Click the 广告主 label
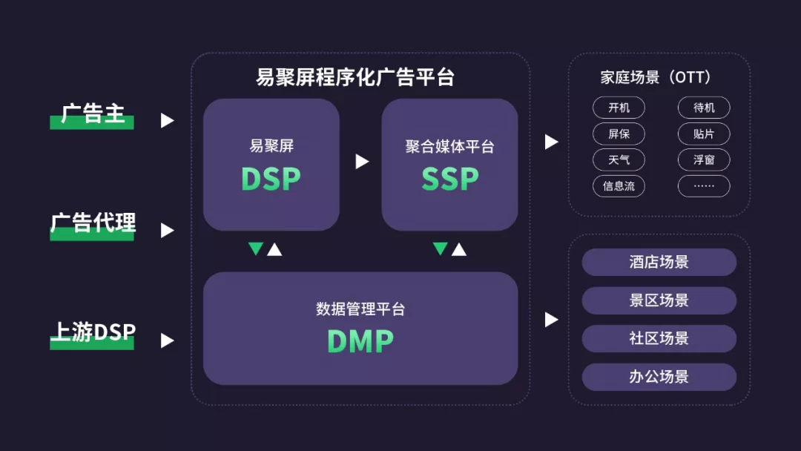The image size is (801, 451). (x=93, y=115)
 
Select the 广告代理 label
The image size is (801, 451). (x=93, y=224)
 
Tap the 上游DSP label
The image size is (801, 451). (x=93, y=333)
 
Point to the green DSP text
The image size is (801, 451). (x=271, y=179)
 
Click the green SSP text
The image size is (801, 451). (x=449, y=179)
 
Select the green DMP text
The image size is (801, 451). (x=360, y=340)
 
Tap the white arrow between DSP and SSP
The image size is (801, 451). (x=362, y=161)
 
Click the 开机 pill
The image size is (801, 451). (x=619, y=108)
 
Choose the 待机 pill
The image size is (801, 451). (x=704, y=108)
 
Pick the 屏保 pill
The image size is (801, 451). (x=619, y=134)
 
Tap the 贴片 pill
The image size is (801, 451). (x=704, y=134)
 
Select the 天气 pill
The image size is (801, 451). (x=619, y=160)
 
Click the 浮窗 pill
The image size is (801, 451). (x=704, y=160)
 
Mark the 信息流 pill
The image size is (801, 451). (x=619, y=186)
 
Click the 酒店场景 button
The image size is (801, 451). (x=659, y=262)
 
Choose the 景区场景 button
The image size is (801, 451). (x=659, y=300)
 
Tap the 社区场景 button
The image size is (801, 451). (x=659, y=338)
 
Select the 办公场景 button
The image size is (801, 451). (x=659, y=377)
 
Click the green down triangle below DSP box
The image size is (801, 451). (x=256, y=248)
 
